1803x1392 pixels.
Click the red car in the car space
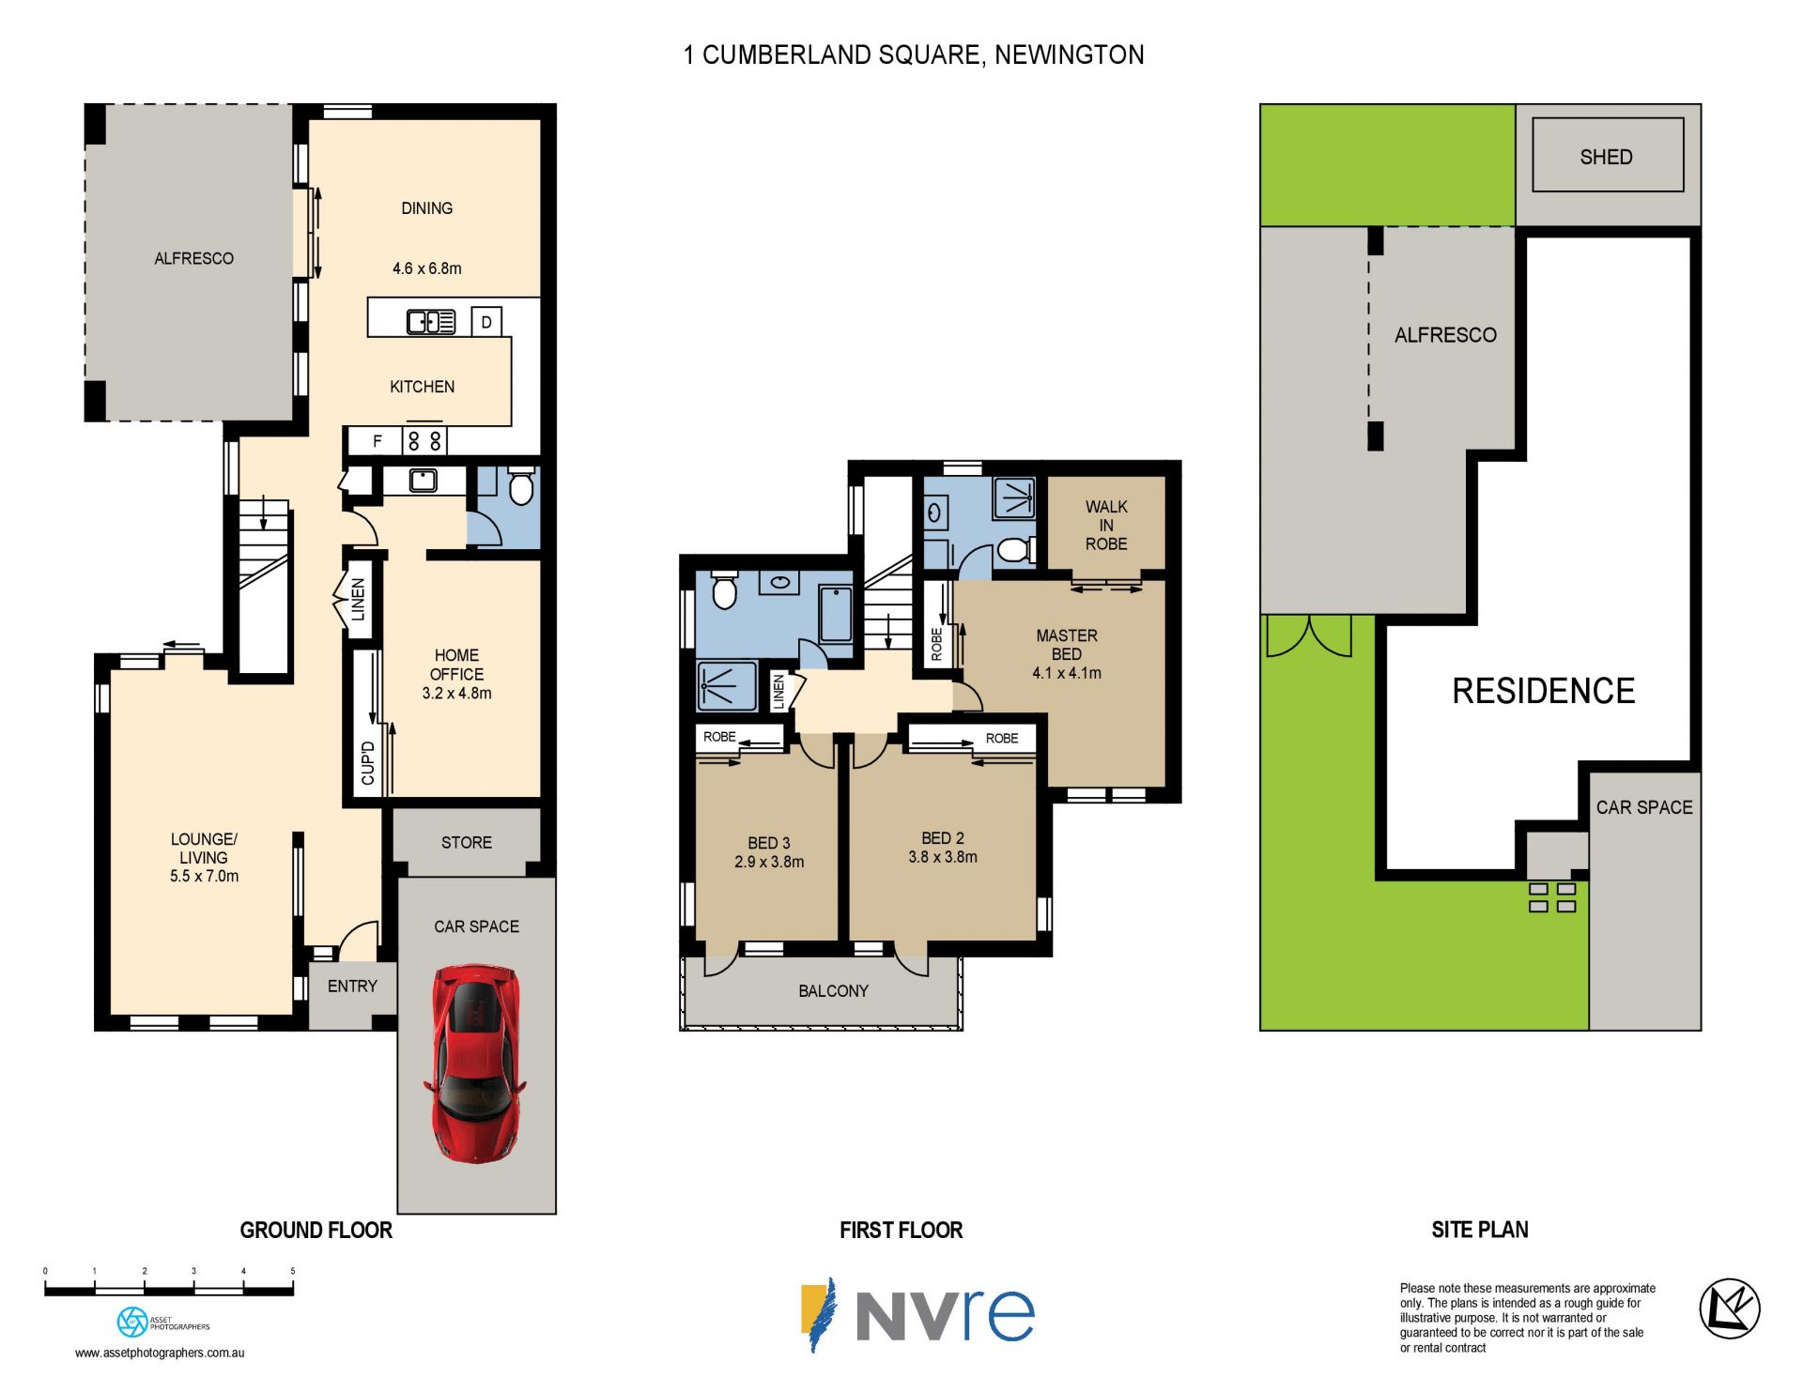click(x=476, y=1063)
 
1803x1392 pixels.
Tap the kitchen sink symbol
click(x=431, y=322)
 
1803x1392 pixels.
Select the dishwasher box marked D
click(x=486, y=322)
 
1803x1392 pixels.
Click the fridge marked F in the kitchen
click(x=378, y=440)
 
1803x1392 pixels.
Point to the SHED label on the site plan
click(x=1606, y=157)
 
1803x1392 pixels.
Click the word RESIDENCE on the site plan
click(x=1543, y=691)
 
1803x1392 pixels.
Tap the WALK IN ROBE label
click(x=1106, y=525)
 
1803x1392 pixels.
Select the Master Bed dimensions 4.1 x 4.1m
click(x=1067, y=673)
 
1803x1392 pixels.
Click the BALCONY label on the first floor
click(x=833, y=991)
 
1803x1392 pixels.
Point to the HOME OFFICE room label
click(x=456, y=665)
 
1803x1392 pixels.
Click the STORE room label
click(x=467, y=843)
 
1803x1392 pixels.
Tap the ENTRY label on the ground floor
click(x=352, y=987)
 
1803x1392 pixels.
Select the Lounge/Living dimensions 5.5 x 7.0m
click(x=204, y=877)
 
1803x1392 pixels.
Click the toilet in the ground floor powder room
click(x=520, y=485)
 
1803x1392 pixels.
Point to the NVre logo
click(x=917, y=1314)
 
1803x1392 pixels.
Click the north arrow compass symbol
click(x=1729, y=1308)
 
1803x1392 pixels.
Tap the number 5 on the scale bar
click(x=293, y=1271)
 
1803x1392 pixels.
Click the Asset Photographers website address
click(x=160, y=1353)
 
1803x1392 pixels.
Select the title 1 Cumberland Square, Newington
click(x=914, y=55)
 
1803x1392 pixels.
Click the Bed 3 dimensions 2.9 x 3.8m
click(x=769, y=862)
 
